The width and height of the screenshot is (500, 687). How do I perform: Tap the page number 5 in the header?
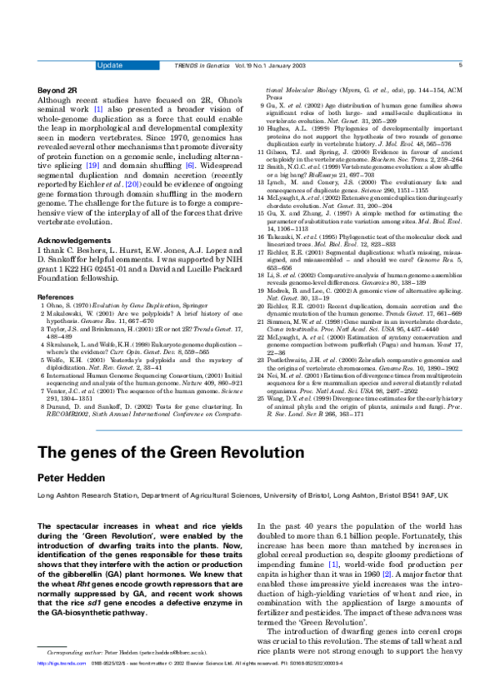click(459, 64)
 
